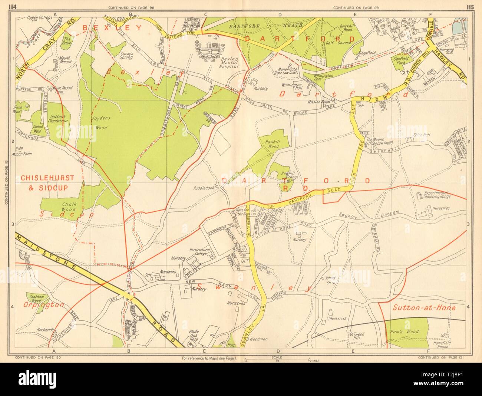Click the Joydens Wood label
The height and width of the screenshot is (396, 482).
tap(99, 124)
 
